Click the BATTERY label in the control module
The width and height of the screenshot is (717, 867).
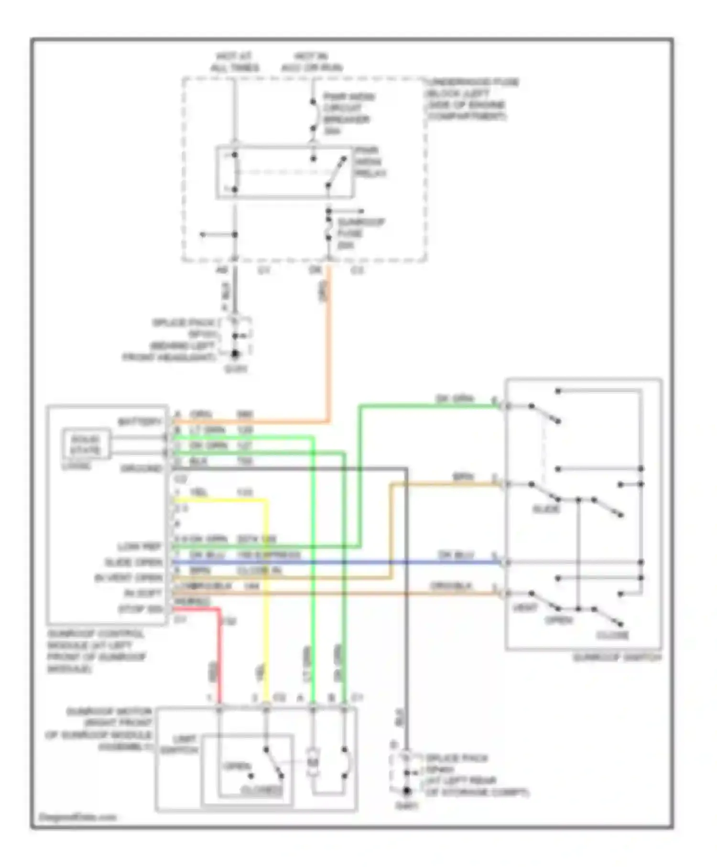(140, 422)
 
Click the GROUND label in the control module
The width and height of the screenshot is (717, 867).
(141, 468)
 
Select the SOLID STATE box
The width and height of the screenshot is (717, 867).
(86, 444)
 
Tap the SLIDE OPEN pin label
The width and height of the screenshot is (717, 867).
(134, 562)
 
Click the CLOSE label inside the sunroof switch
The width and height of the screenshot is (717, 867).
(612, 635)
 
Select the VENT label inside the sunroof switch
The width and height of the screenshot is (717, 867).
(525, 608)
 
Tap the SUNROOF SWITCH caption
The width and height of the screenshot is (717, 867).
(617, 658)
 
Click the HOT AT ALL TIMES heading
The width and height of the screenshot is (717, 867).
(234, 62)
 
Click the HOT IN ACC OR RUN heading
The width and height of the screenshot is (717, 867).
(312, 62)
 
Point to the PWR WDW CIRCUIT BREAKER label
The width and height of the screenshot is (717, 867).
(348, 113)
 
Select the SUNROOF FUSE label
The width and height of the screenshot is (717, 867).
(360, 233)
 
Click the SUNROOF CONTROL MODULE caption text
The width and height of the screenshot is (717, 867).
(96, 651)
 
